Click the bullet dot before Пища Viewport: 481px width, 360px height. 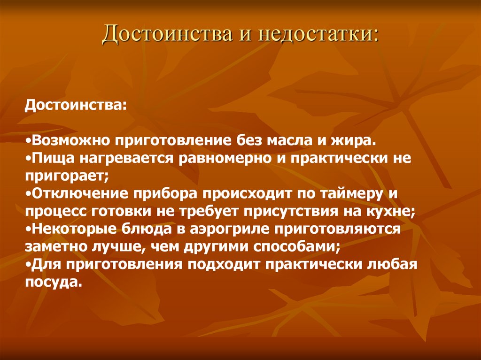tap(28, 159)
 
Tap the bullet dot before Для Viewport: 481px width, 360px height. tap(28, 265)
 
